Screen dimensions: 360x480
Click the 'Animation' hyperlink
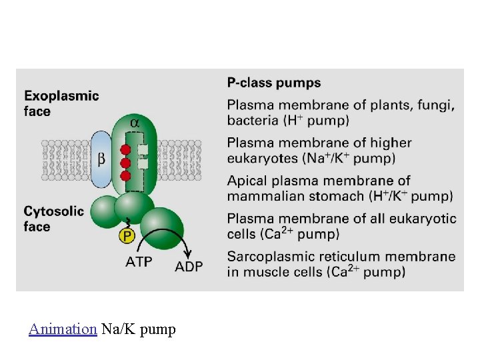pyautogui.click(x=63, y=329)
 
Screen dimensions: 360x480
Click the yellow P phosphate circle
pyautogui.click(x=127, y=235)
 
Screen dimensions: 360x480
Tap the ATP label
pyautogui.click(x=139, y=261)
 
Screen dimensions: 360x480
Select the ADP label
pyautogui.click(x=189, y=267)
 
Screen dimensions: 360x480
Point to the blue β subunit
pyautogui.click(x=101, y=159)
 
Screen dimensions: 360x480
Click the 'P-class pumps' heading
pyautogui.click(x=274, y=83)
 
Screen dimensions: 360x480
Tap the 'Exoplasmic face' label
pyautogui.click(x=61, y=103)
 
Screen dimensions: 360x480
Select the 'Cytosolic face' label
pyautogui.click(x=54, y=219)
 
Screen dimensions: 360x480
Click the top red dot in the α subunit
pyautogui.click(x=124, y=149)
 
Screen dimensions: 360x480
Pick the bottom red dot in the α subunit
pyautogui.click(x=124, y=175)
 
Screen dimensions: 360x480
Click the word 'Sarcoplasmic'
pyautogui.click(x=267, y=257)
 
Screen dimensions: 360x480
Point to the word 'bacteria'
pyautogui.click(x=252, y=121)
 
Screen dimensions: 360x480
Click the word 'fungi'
pyautogui.click(x=437, y=105)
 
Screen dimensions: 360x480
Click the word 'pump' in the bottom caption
pyautogui.click(x=158, y=329)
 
